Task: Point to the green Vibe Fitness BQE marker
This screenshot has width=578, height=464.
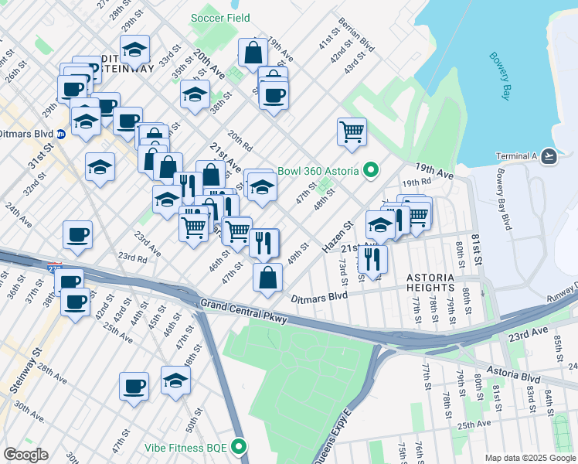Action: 240,446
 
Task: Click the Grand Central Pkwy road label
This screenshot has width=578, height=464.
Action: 243,313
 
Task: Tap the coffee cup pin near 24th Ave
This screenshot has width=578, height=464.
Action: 77,234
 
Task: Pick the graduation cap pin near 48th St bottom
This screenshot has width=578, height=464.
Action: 176,380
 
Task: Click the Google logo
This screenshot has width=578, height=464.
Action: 25,455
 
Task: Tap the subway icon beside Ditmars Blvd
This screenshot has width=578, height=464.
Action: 60,135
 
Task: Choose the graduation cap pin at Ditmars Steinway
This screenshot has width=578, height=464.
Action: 135,51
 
